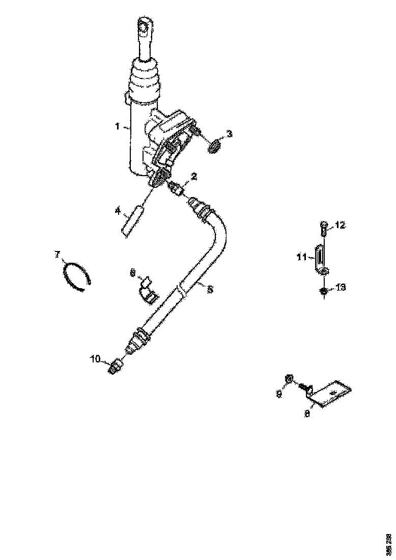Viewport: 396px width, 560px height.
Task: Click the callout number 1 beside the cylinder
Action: coord(117,126)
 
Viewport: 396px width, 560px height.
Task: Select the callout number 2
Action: coord(193,177)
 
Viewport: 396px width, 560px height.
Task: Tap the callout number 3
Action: coord(230,134)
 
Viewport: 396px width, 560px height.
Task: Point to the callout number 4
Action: coord(117,210)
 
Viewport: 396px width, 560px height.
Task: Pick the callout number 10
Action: coord(96,359)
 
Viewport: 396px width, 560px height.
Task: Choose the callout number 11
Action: coord(301,258)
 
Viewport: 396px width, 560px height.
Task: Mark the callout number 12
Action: coord(340,225)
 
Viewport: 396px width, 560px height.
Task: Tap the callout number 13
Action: coord(341,288)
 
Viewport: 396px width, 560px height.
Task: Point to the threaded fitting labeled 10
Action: coord(115,366)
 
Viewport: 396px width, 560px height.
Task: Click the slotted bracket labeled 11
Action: coord(320,258)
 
